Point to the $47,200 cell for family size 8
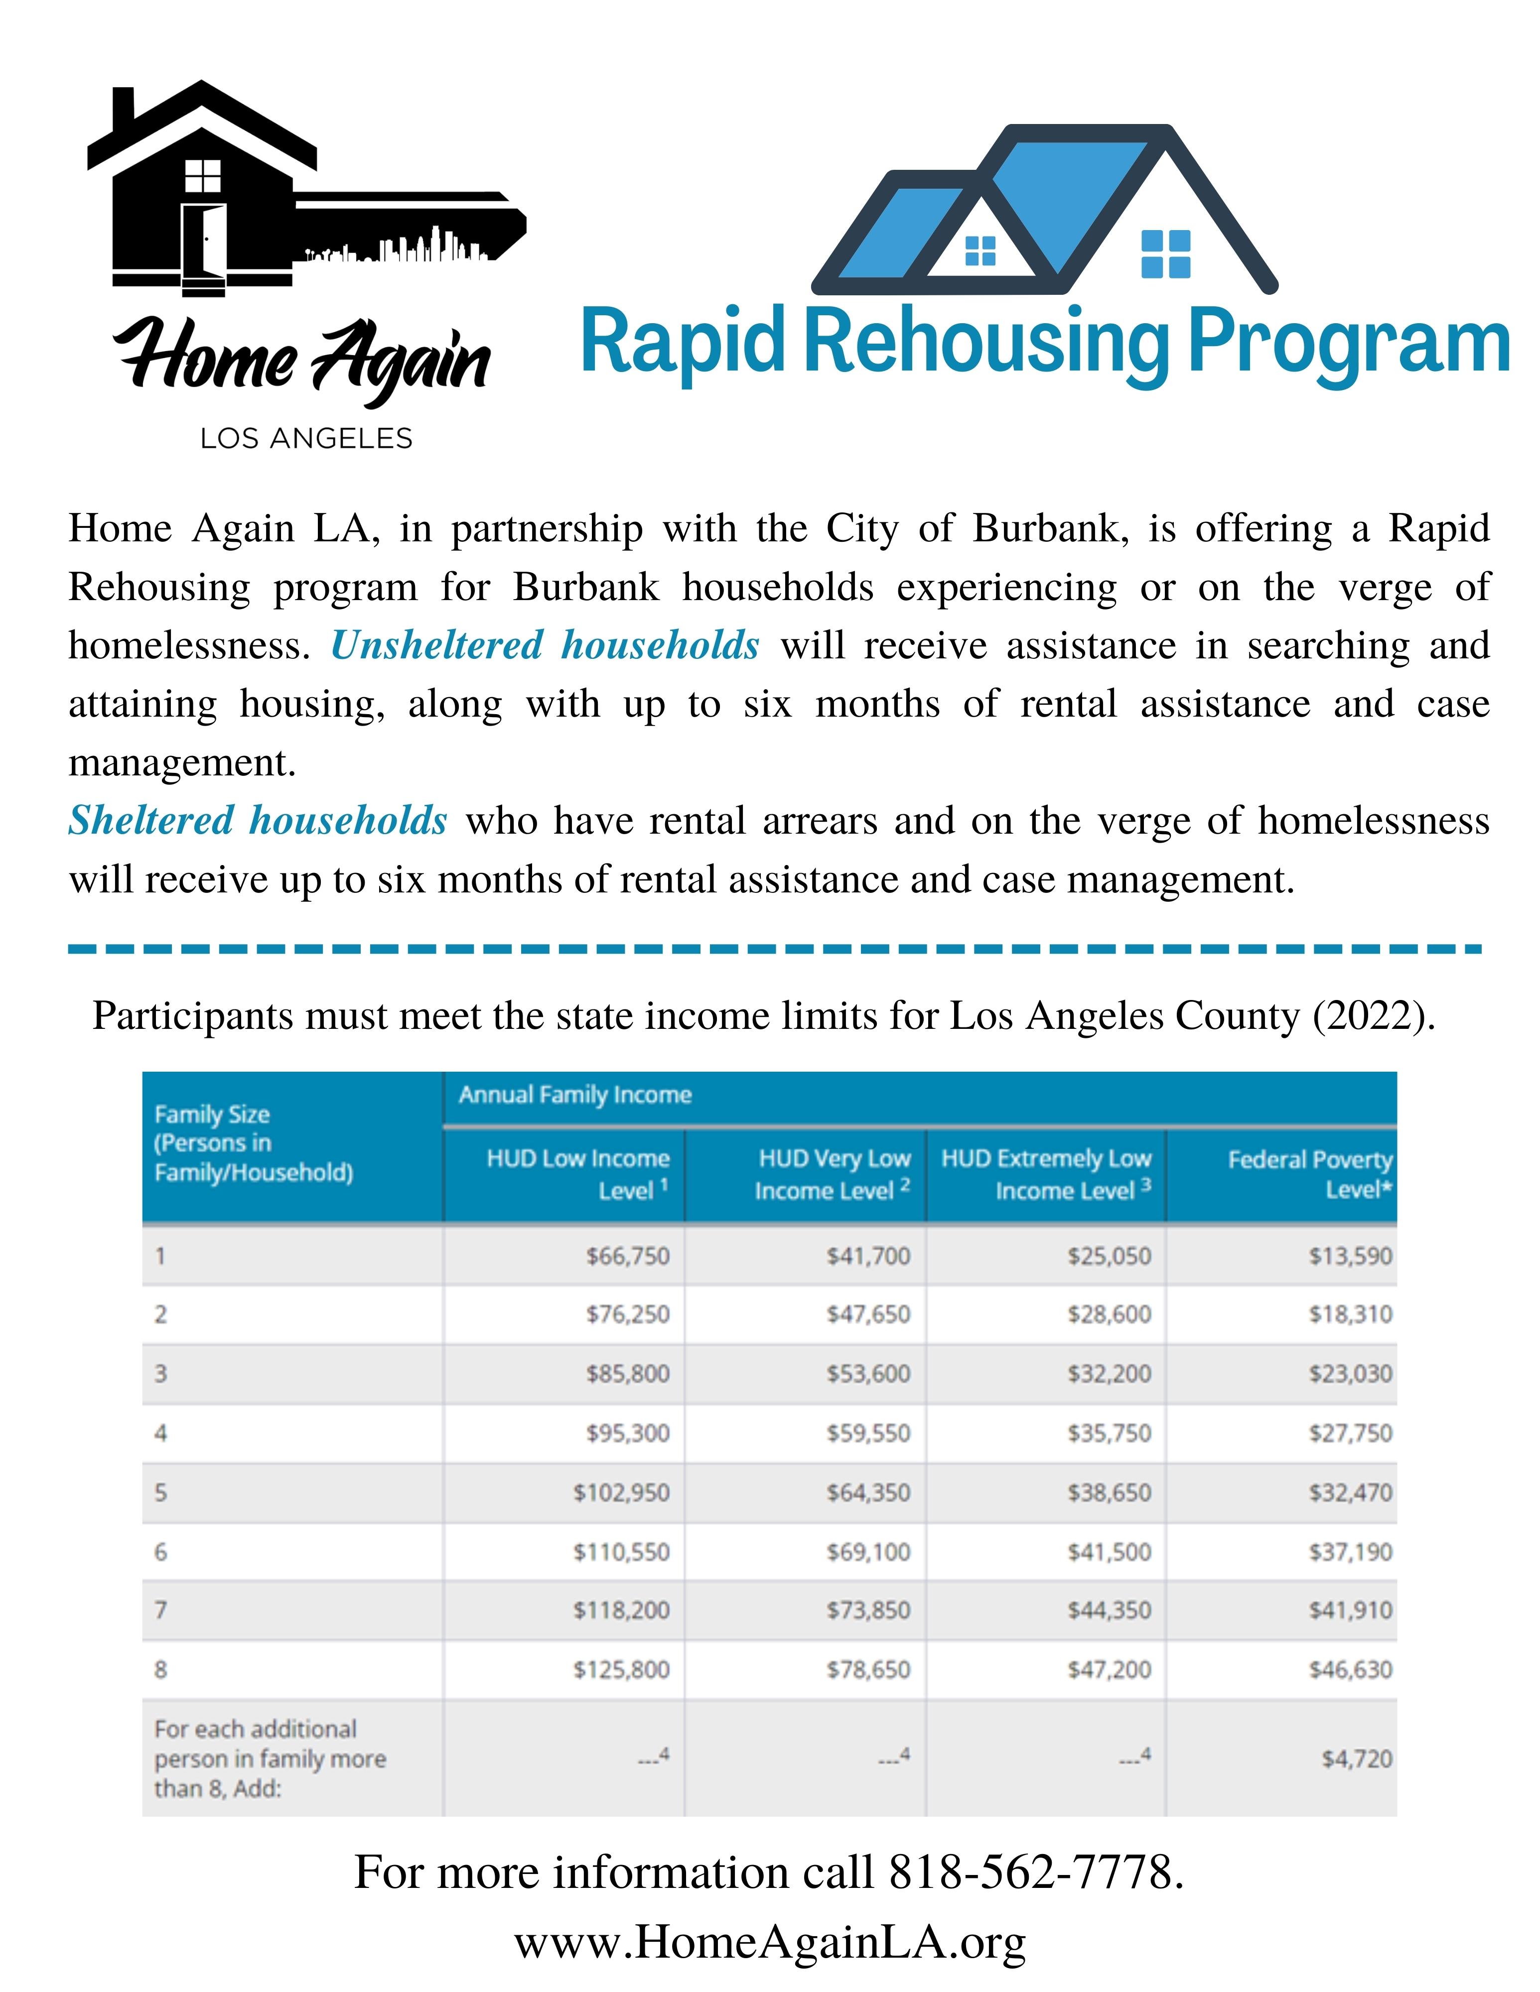(1110, 1669)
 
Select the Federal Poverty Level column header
(1310, 1174)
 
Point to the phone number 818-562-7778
(1035, 1872)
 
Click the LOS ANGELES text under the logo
(306, 439)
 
